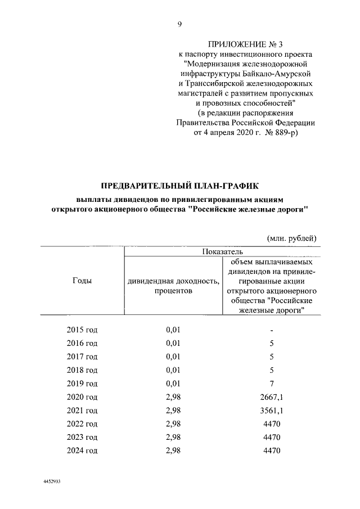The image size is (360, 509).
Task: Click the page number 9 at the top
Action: pos(179,24)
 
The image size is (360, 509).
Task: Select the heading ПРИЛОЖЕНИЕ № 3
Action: pos(243,44)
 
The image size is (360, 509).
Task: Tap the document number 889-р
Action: pos(282,133)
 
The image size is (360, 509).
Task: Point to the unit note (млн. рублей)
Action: pos(289,239)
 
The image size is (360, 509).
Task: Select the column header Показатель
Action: pos(220,251)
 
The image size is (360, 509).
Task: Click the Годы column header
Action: pos(82,280)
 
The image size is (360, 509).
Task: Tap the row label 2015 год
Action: pos(82,330)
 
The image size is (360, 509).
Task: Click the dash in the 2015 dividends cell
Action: pos(271,330)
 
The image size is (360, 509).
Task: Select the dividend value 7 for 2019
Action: pos(271,383)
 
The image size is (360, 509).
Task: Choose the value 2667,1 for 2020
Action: pos(271,397)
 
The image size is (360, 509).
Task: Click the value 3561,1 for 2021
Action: pos(271,410)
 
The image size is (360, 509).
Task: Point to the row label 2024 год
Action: pos(82,451)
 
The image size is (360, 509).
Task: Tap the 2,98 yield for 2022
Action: pos(173,424)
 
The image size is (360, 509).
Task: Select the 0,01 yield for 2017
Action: pos(173,357)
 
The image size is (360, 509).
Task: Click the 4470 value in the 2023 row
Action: pos(271,437)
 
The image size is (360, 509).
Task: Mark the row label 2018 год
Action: pos(82,370)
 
